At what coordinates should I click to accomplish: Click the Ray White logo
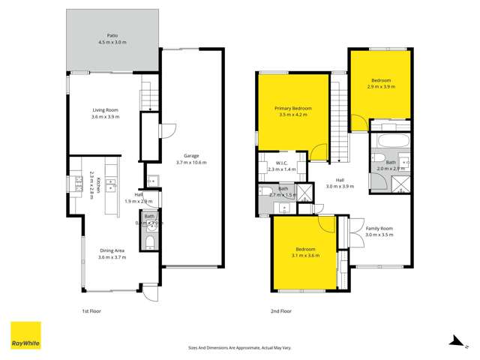(25, 336)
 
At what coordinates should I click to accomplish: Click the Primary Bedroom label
(292, 109)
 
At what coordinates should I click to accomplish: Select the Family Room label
(379, 228)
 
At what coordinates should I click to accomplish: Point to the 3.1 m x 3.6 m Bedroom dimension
(304, 256)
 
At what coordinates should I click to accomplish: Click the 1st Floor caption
(91, 309)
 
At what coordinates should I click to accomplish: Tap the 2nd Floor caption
(280, 309)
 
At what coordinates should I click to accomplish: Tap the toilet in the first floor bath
(150, 241)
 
